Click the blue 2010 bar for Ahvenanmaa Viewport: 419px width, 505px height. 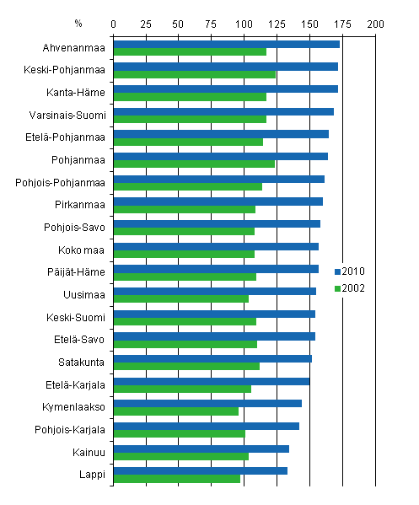(226, 44)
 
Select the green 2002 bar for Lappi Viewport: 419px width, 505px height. (177, 479)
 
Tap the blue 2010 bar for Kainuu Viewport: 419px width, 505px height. (201, 449)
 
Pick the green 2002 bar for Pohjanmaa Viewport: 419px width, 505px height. (194, 164)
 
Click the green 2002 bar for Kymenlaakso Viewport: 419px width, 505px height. (176, 411)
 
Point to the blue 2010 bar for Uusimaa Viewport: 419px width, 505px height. (214, 292)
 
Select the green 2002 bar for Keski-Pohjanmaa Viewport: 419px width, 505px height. (195, 74)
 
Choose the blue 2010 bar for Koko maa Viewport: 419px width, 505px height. (216, 246)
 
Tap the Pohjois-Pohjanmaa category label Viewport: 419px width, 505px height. (61, 181)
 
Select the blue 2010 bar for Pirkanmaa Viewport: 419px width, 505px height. (218, 201)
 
